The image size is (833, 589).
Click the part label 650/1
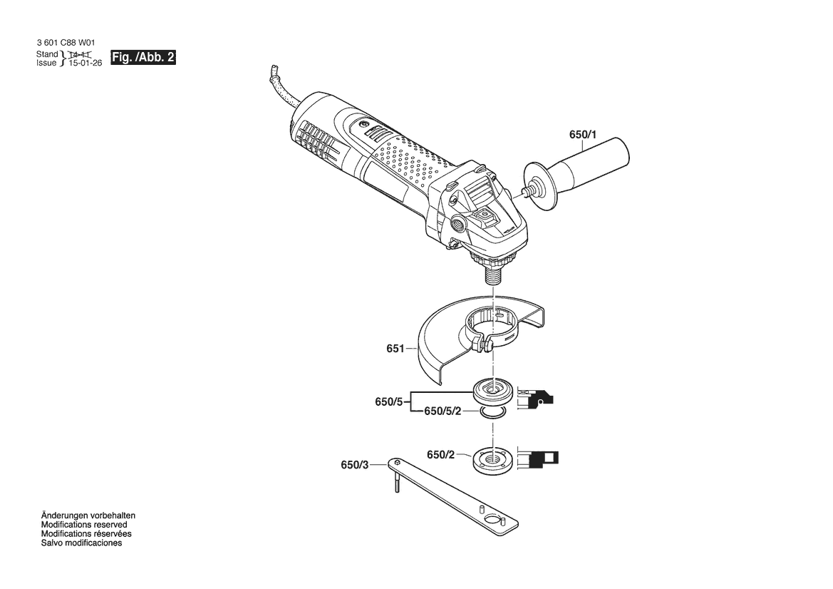583,135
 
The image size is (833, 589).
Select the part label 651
395,349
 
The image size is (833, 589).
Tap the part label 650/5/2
443,411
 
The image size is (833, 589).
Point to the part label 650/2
441,454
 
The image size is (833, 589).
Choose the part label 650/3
354,465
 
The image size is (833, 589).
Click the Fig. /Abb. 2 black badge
143,58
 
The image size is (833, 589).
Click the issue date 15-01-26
85,63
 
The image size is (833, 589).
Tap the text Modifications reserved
84,525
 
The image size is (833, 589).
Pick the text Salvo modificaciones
81,543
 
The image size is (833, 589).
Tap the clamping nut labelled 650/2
492,460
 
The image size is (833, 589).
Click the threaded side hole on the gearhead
456,222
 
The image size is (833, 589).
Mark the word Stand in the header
47,54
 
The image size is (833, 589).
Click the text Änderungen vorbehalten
88,516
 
